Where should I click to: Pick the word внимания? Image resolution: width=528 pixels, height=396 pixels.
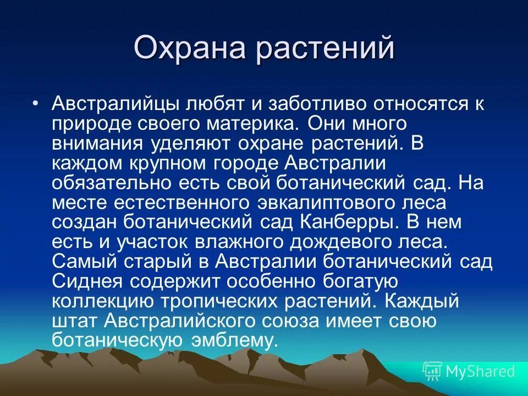coord(97,144)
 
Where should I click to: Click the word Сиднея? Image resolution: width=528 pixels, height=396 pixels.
coord(88,282)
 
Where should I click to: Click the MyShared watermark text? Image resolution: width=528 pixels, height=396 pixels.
coord(480,371)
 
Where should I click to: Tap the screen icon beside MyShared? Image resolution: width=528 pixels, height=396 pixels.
coord(432,371)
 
